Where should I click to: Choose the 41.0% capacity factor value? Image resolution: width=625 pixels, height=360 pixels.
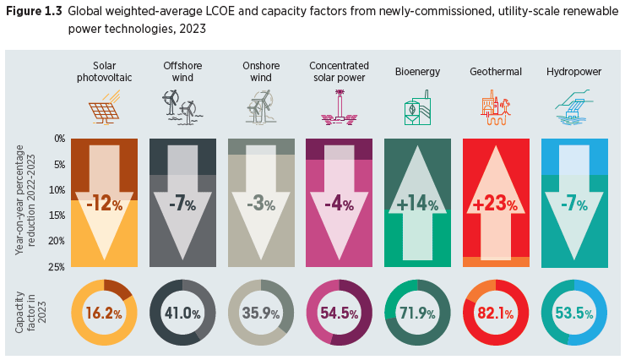tap(181, 312)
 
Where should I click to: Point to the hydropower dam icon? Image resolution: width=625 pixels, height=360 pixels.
tap(574, 108)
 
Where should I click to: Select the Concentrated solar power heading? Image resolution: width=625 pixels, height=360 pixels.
tap(339, 72)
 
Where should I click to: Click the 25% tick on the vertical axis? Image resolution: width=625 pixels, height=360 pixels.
tap(58, 268)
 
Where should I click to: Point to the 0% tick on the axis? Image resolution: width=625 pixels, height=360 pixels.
tap(60, 138)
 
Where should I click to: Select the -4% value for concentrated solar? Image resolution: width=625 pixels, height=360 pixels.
tap(339, 205)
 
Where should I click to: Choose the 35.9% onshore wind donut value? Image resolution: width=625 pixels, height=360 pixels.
tap(260, 312)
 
